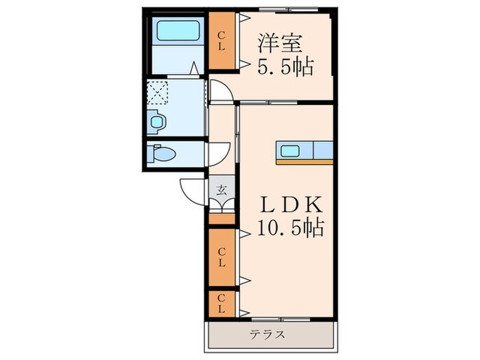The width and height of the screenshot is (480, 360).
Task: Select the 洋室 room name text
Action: click(280, 43)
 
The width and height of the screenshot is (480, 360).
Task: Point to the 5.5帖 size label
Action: click(285, 67)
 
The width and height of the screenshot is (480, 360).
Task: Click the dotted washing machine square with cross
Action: click(159, 92)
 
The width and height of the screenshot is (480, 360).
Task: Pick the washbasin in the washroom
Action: click(157, 122)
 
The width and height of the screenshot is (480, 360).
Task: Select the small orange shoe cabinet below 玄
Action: click(221, 219)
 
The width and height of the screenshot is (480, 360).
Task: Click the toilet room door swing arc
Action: click(219, 154)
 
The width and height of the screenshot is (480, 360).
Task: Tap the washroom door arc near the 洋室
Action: click(218, 91)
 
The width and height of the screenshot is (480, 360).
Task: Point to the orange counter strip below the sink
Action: click(304, 162)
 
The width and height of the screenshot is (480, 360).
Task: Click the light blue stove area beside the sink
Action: click(322, 149)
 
